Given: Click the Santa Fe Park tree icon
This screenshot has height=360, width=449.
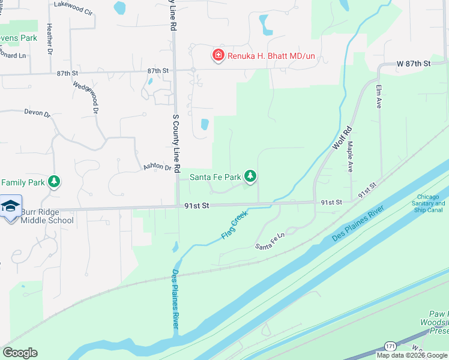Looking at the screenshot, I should click(x=250, y=176).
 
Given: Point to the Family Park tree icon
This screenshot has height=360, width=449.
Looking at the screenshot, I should click(x=54, y=181).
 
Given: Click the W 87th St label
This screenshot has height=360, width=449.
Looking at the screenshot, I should click(x=414, y=63).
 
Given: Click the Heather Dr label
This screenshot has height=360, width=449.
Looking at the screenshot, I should click(x=49, y=38).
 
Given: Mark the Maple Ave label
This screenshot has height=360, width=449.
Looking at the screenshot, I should click(x=350, y=156).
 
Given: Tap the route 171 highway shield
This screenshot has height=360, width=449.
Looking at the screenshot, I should click(x=390, y=347).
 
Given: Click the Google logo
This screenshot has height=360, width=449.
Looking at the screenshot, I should click(x=20, y=353).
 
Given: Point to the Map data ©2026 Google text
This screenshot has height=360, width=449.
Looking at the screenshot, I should click(x=412, y=355).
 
